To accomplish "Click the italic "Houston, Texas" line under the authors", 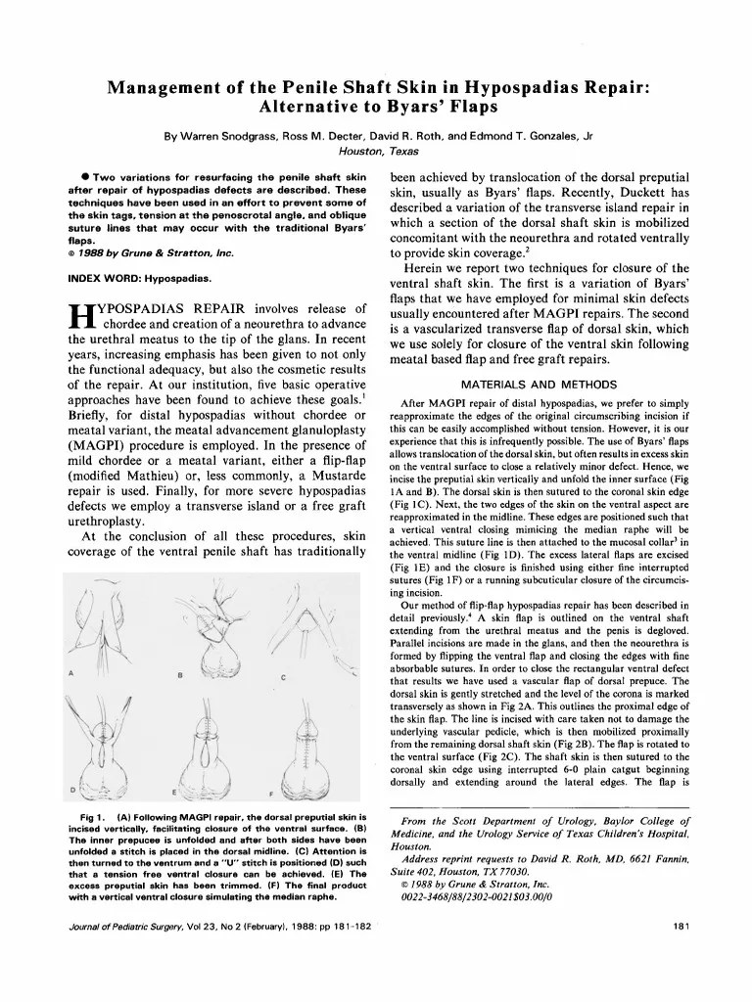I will click(x=377, y=151).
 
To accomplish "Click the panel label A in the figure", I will click(x=71, y=673).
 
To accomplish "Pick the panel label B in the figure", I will click(x=180, y=676).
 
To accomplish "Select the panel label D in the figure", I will click(x=71, y=790).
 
